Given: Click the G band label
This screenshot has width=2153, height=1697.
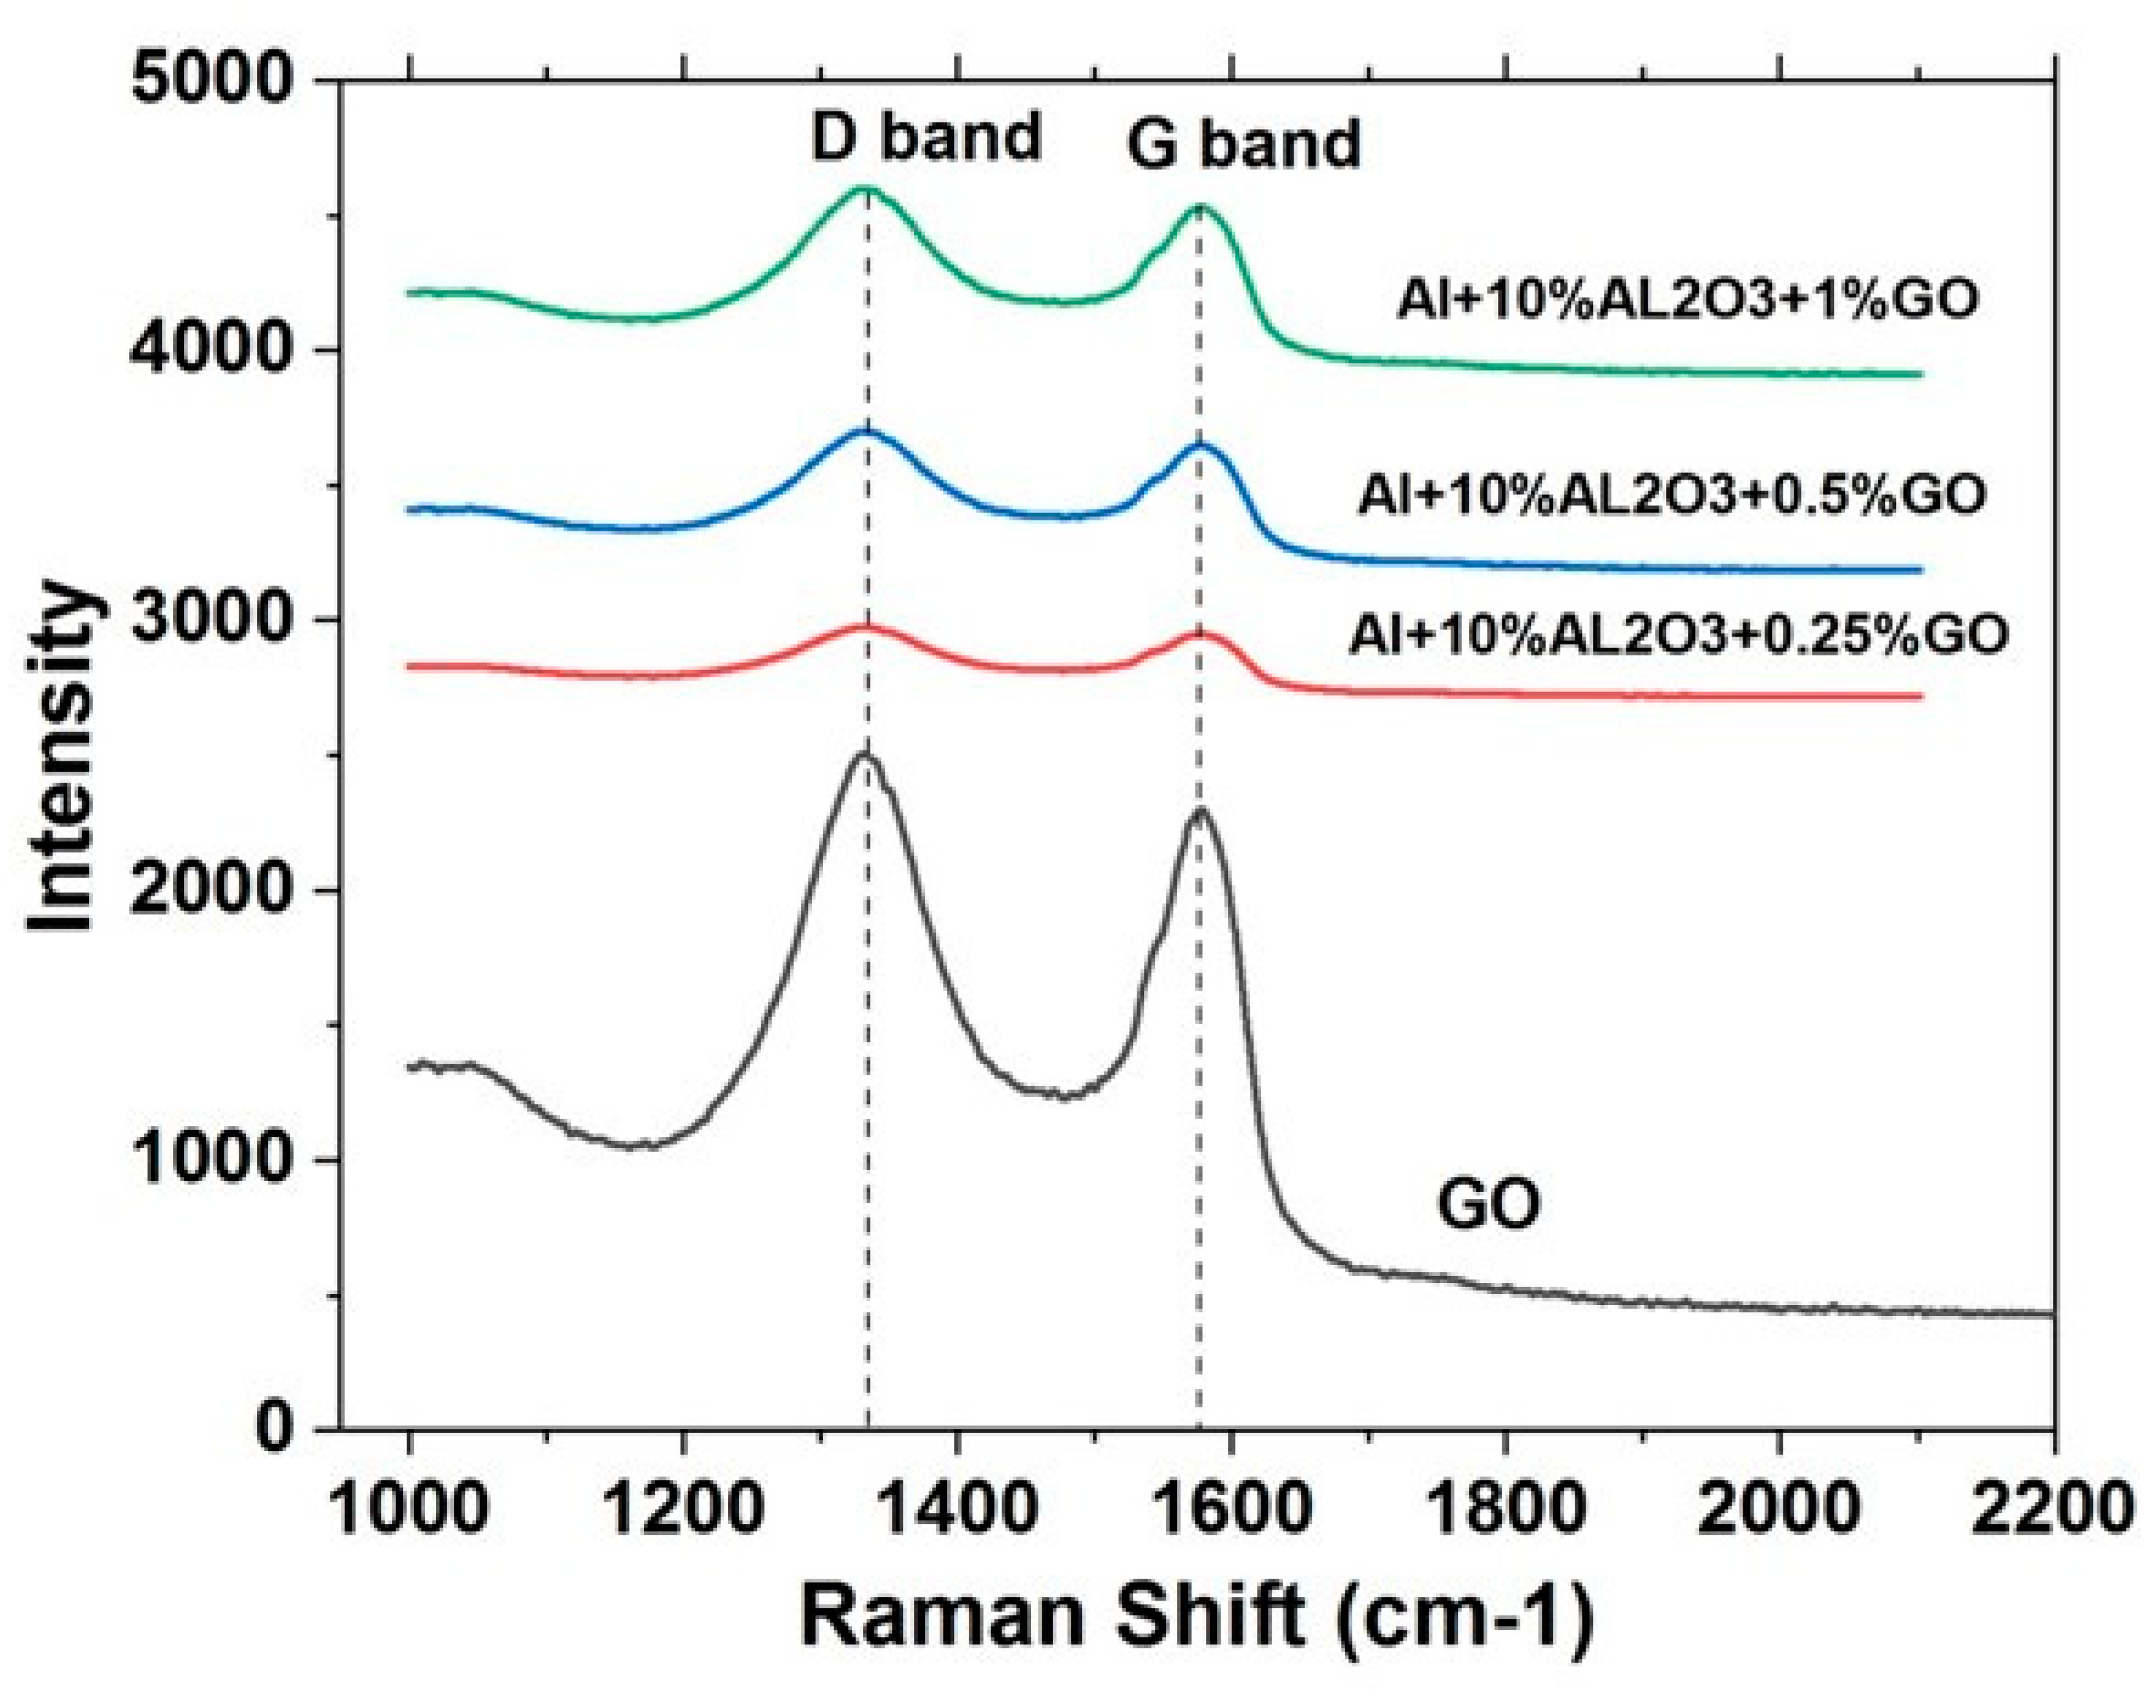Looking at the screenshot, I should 1243,145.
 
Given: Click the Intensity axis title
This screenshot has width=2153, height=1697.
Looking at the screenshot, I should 61,755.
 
